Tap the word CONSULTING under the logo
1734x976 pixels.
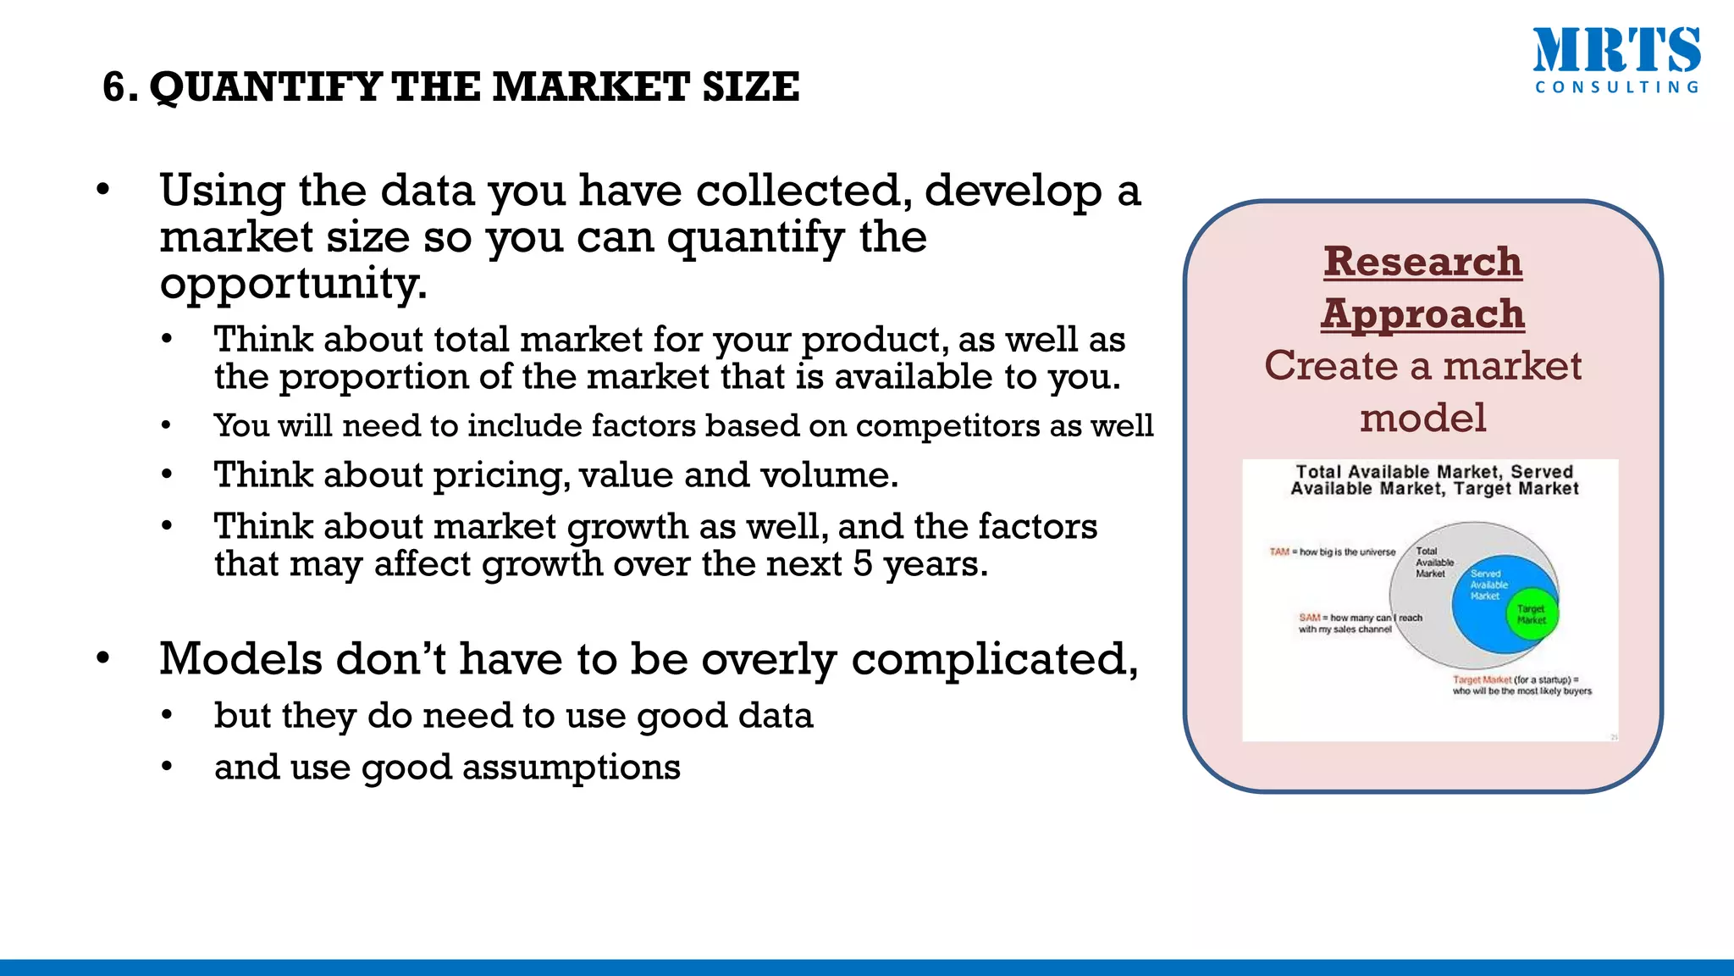click(1616, 87)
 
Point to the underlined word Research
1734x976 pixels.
click(1423, 261)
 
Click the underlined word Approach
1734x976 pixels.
click(1423, 313)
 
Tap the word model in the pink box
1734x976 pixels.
click(1423, 418)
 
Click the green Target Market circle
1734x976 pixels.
click(1532, 615)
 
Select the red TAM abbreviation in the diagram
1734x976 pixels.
click(1278, 552)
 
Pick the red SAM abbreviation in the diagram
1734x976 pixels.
click(1309, 618)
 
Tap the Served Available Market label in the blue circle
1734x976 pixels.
click(1488, 585)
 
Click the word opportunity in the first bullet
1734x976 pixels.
click(292, 283)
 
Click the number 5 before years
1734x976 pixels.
click(862, 564)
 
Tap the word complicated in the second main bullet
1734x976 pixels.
click(994, 659)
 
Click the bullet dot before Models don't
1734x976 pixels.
click(103, 658)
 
